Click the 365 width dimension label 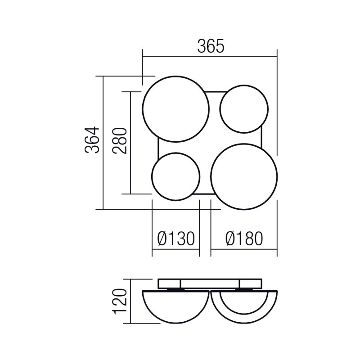click(x=210, y=47)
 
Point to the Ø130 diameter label click(x=175, y=238)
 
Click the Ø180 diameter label click(x=243, y=238)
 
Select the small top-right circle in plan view click(x=244, y=109)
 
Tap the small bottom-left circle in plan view click(x=175, y=176)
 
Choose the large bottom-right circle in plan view click(x=244, y=176)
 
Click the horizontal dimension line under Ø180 click(x=243, y=248)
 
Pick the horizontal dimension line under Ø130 click(x=175, y=248)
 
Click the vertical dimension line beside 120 click(x=130, y=301)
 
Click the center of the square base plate click(x=210, y=143)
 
